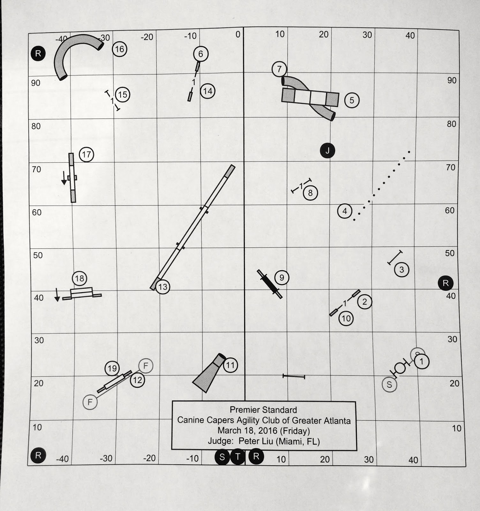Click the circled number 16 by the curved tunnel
tap(120, 49)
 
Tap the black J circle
tap(328, 150)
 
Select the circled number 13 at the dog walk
tap(163, 287)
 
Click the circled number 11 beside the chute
tap(230, 365)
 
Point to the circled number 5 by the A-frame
tap(352, 100)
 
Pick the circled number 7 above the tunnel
tap(280, 69)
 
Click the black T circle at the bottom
tap(237, 457)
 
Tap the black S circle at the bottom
tap(222, 457)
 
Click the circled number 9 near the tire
tap(281, 278)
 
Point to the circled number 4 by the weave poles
tap(345, 211)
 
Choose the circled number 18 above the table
tap(79, 278)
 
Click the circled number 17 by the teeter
tap(86, 155)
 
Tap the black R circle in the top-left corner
tap(38, 53)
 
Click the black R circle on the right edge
tap(446, 283)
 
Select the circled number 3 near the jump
tap(401, 270)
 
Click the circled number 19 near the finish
tap(112, 369)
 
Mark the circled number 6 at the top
tap(200, 54)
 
